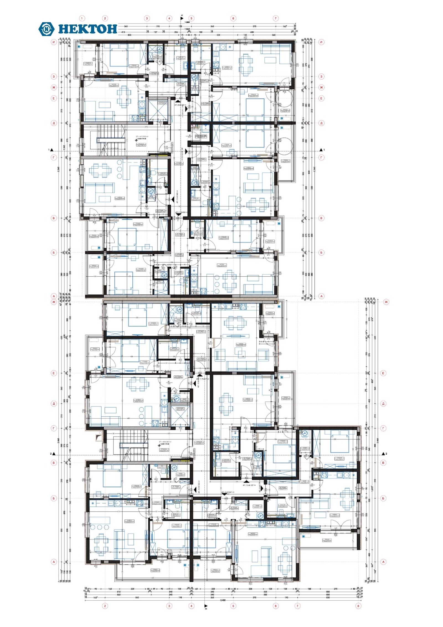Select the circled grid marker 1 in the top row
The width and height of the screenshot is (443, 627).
tap(82, 18)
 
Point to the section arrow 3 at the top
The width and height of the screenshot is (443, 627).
tap(182, 17)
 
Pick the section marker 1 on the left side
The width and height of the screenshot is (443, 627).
tap(51, 150)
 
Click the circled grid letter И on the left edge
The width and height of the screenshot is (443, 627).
tap(54, 42)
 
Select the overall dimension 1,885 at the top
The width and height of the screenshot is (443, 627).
tap(187, 22)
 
